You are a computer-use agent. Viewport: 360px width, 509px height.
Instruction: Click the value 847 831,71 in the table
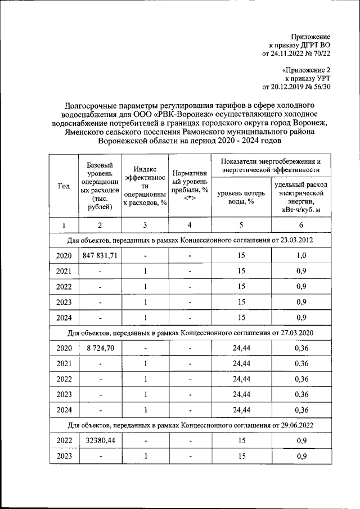99,256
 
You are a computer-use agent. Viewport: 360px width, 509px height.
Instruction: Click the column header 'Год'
64,186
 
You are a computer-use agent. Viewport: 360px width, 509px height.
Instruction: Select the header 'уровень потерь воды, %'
241,198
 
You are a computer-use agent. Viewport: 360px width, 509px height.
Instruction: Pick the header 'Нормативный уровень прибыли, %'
190,186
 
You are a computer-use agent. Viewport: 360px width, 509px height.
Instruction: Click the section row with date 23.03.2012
190,241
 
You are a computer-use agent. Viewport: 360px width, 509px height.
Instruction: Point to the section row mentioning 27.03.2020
190,333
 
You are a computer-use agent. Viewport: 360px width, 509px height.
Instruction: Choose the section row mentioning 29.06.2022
190,425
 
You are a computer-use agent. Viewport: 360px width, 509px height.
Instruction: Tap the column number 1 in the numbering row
64,226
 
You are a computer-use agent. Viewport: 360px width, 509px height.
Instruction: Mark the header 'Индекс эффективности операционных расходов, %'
145,186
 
